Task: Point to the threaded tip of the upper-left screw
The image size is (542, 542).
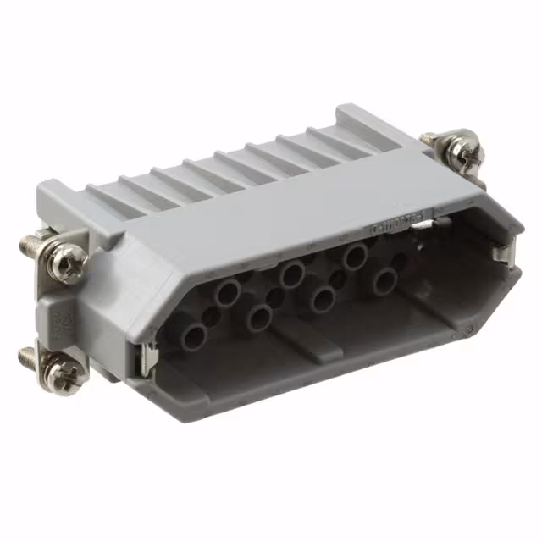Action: [27, 245]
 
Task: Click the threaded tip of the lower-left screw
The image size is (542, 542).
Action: [27, 355]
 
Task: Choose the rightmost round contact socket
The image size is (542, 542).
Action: [385, 282]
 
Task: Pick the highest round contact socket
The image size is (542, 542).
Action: [353, 255]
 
